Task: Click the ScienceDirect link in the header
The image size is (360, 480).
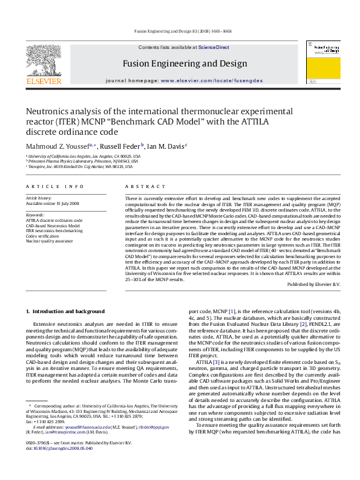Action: [x=214, y=47]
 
